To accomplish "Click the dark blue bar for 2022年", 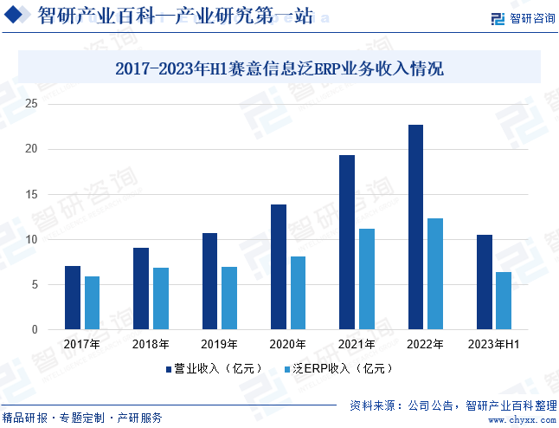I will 415,227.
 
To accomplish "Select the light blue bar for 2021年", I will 366,279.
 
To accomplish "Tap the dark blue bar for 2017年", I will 73,297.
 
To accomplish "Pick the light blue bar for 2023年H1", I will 504,301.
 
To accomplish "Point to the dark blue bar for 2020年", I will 279,267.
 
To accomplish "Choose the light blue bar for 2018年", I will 160,298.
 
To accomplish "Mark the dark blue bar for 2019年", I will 209,281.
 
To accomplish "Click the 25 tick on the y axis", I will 32,104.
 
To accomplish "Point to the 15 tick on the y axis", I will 32,195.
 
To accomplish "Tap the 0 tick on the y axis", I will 35,330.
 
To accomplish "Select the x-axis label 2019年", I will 218,345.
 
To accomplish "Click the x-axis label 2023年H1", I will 493,345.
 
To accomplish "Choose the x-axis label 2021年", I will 357,345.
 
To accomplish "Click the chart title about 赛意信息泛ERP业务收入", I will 279,68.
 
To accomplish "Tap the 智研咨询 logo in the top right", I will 522,18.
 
